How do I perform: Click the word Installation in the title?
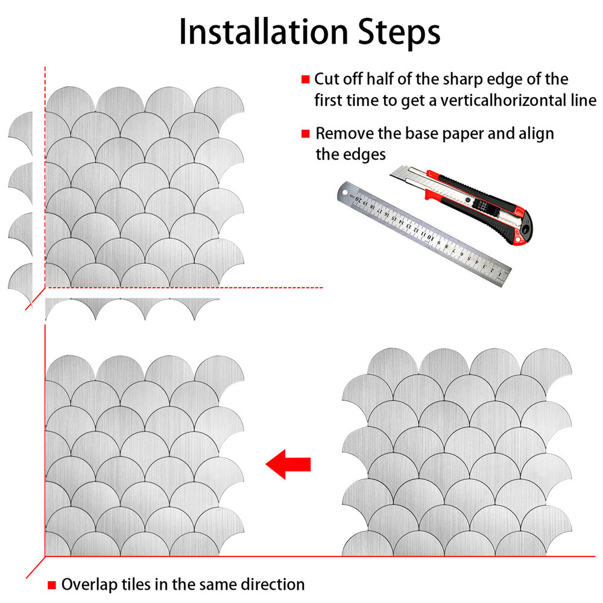click(x=264, y=33)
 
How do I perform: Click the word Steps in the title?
click(x=399, y=33)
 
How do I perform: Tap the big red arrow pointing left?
click(x=288, y=464)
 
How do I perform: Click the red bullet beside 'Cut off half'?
click(x=305, y=79)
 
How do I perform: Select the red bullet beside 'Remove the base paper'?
click(x=305, y=133)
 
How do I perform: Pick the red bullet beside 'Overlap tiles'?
click(x=51, y=584)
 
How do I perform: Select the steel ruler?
click(x=424, y=234)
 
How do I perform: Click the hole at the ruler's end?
click(x=344, y=192)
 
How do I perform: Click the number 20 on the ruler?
click(x=358, y=199)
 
